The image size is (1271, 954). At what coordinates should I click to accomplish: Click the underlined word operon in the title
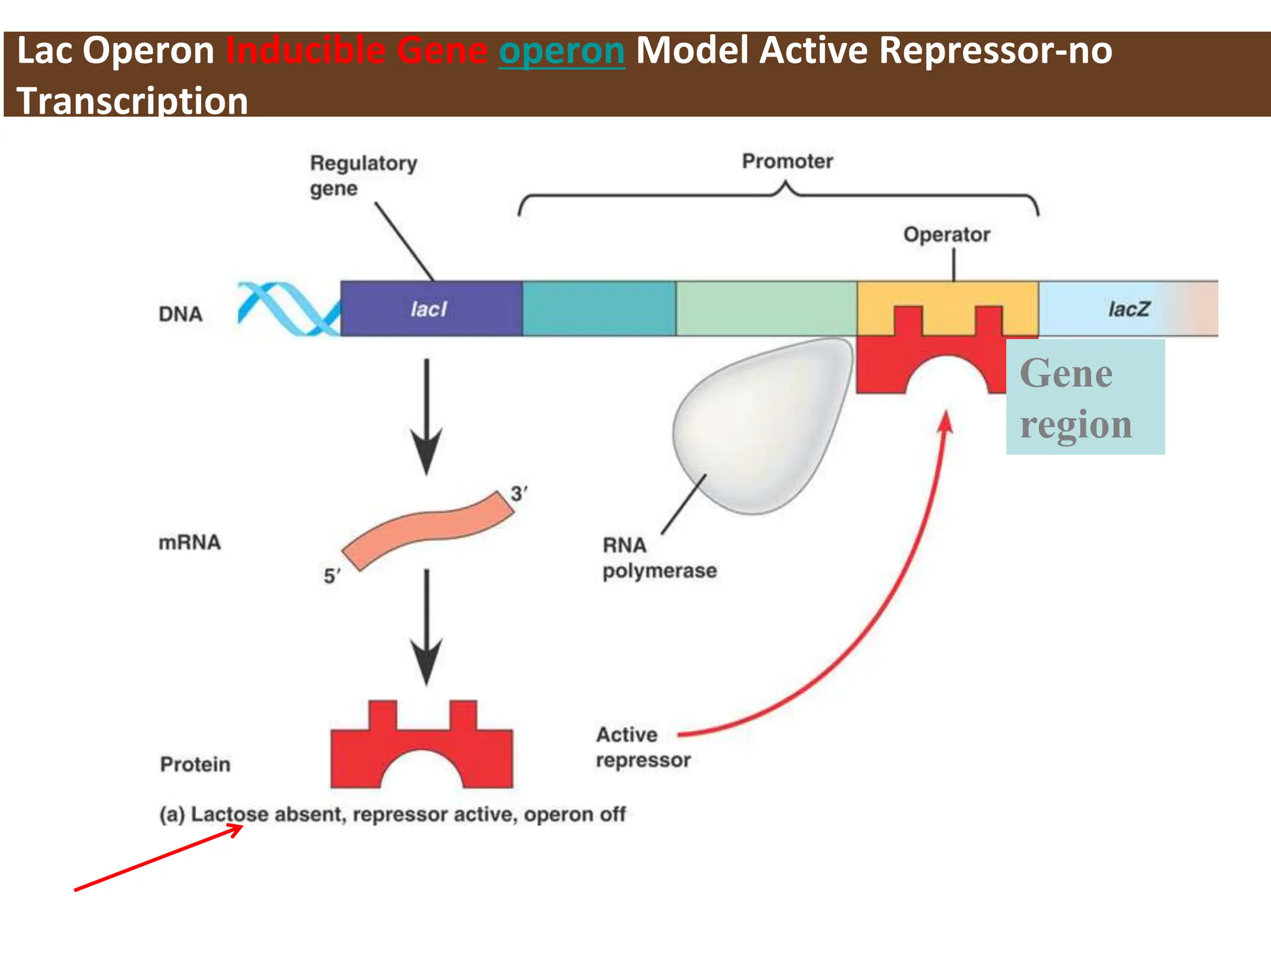562,51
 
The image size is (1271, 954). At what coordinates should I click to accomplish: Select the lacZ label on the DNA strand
1128,309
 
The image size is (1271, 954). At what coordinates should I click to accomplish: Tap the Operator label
946,235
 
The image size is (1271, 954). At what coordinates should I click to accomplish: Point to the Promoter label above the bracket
787,161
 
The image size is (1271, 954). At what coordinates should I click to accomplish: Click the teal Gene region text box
1085,397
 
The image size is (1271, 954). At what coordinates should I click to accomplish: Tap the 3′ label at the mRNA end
519,494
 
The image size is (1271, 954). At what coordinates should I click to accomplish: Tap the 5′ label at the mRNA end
331,576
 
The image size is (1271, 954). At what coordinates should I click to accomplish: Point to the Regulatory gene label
363,175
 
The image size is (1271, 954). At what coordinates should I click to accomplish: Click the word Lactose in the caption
229,814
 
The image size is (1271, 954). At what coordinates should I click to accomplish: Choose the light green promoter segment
766,309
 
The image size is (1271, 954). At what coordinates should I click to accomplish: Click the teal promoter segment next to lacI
599,309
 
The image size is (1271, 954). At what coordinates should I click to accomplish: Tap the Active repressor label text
642,747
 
